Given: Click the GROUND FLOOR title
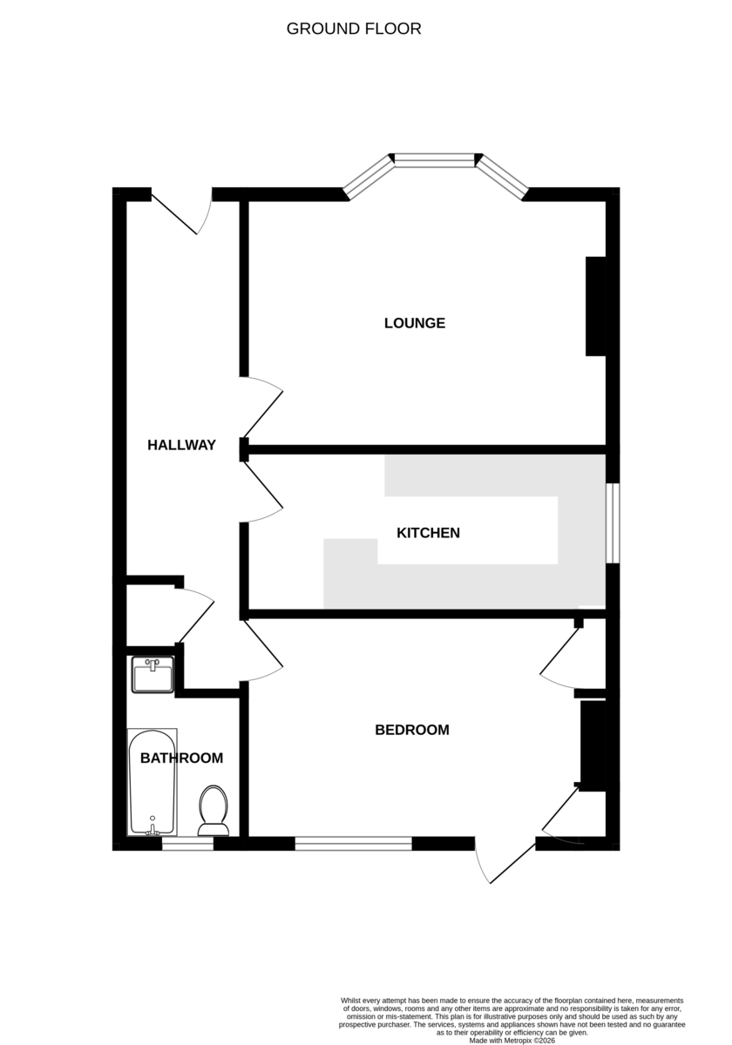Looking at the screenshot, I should click(x=354, y=29).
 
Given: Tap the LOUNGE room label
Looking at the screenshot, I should click(x=415, y=323).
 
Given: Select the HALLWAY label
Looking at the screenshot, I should click(x=181, y=445).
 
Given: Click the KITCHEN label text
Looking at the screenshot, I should click(x=428, y=532).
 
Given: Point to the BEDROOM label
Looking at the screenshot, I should click(x=412, y=730).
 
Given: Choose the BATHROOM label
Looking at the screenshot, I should click(x=181, y=758).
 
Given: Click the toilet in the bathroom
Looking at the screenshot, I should click(x=213, y=809).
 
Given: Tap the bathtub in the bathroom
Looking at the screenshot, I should click(x=152, y=781).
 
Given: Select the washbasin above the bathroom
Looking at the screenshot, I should click(x=152, y=675).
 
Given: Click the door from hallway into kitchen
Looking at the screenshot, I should click(x=262, y=492).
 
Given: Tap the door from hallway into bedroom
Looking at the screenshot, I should click(x=261, y=650).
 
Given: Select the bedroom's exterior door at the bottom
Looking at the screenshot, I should click(x=505, y=862).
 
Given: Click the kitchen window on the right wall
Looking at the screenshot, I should click(x=613, y=522).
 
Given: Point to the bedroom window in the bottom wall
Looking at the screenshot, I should click(x=353, y=843).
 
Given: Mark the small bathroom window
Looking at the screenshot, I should click(x=187, y=843).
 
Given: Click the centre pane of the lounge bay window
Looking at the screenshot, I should click(x=434, y=159).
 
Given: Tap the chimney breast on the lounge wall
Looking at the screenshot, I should click(x=596, y=306).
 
